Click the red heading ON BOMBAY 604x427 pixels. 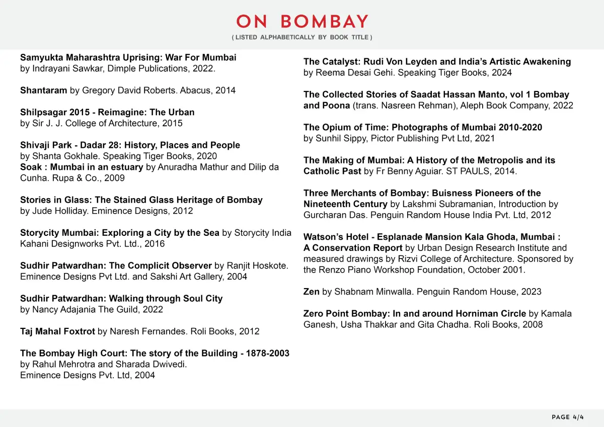coord(302,22)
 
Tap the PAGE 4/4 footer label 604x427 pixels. coord(568,417)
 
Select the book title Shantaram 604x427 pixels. coord(43,91)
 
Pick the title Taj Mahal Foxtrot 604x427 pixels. coord(57,331)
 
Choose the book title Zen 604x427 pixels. coord(312,292)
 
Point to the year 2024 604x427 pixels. coord(502,72)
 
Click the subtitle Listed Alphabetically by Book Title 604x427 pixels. coord(302,38)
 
